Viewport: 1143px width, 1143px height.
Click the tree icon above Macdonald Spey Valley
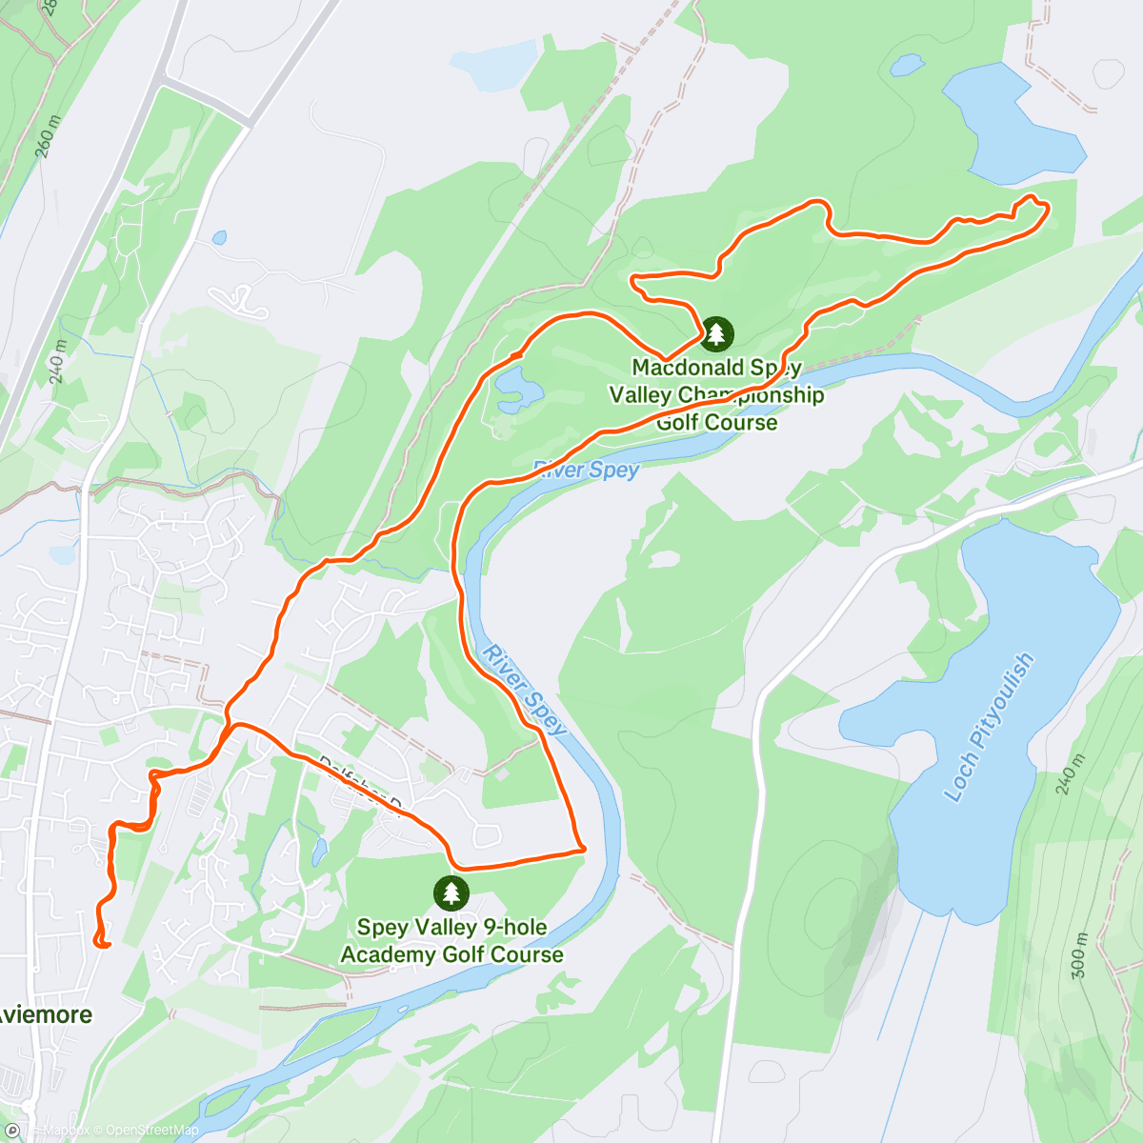[716, 333]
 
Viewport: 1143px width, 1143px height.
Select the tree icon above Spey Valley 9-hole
[451, 892]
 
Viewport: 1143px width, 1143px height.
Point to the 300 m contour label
[1079, 949]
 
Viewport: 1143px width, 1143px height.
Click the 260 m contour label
[48, 138]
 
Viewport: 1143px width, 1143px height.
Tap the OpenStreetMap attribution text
[151, 1131]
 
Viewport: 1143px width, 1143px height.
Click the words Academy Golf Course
[452, 954]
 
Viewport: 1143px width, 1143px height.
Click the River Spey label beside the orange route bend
[525, 690]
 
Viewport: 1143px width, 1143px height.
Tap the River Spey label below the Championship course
[587, 469]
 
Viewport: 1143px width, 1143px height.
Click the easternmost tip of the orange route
[1047, 207]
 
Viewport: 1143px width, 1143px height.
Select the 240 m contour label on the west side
[57, 363]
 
